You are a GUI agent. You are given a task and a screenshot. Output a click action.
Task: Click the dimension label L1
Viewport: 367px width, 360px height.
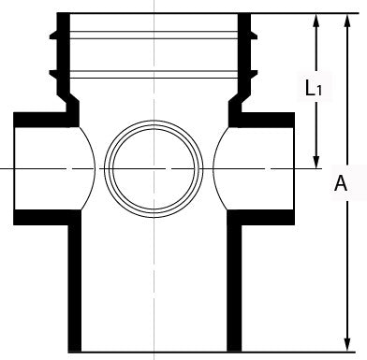pos(314,88)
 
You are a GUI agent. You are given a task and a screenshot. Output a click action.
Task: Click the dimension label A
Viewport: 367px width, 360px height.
pos(341,183)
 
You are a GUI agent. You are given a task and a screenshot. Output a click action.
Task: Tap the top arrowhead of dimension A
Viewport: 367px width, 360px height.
pos(346,21)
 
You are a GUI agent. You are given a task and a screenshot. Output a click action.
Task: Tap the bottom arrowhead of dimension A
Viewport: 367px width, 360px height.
pos(346,345)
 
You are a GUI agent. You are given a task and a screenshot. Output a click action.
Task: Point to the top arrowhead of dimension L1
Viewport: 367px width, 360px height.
pos(316,21)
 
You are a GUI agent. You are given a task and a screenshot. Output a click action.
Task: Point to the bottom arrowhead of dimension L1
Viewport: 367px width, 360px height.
pos(316,161)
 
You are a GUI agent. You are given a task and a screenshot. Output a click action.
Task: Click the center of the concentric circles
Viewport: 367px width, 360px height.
pos(154,168)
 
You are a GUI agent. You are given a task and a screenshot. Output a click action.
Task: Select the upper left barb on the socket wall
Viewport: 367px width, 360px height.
pos(53,35)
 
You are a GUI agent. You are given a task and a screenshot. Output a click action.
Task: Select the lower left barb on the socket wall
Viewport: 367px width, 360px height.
pos(53,74)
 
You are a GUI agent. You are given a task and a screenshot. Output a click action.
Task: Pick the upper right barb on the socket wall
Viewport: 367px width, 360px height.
pos(254,35)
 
